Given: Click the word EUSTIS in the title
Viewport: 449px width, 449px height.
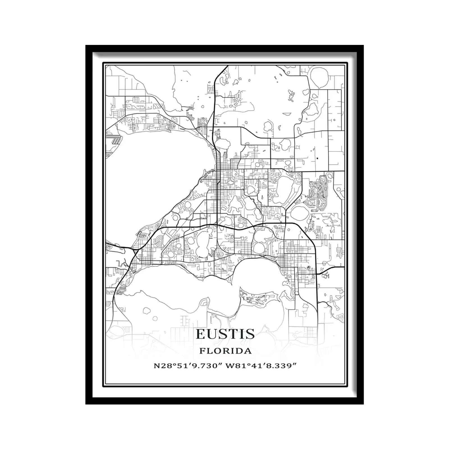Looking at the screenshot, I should pos(225,334).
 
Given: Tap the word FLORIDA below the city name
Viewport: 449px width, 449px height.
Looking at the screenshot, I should pos(225,351).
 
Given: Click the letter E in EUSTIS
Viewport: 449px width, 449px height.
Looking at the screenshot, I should pos(201,334).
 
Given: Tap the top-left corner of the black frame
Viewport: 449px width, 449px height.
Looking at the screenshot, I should pos(86,46).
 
